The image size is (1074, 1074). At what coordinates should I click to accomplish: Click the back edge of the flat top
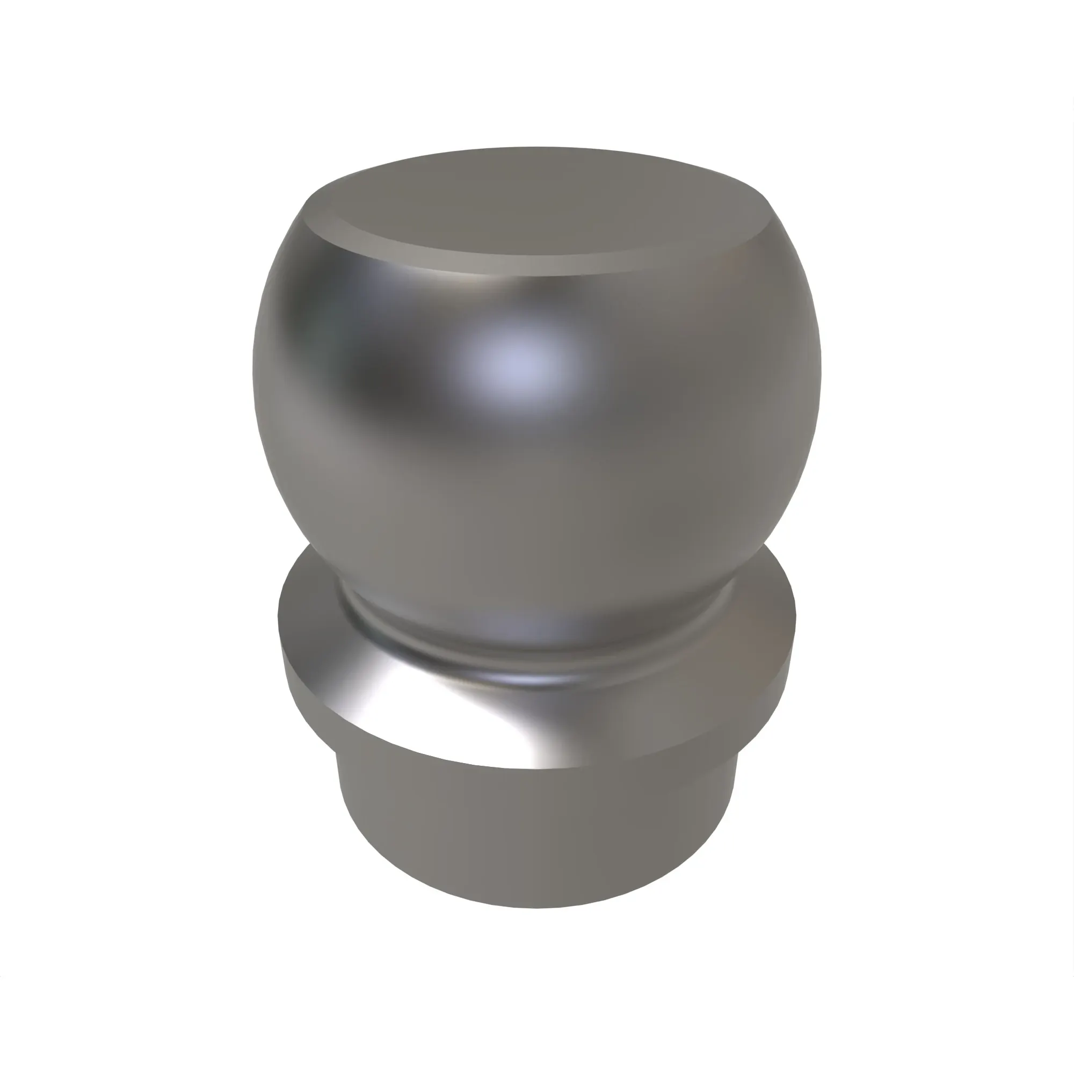click(534, 149)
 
